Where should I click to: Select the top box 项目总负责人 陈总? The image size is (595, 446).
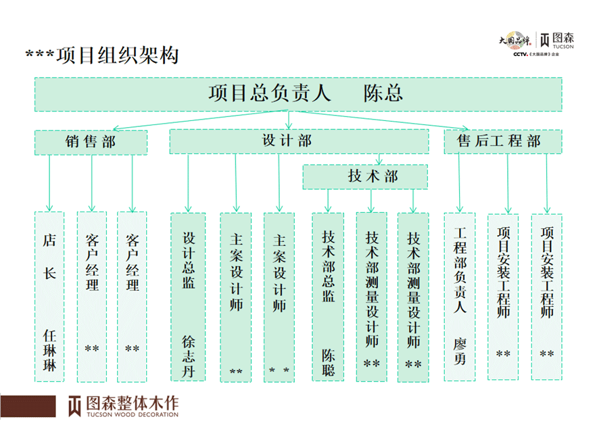(x=298, y=94)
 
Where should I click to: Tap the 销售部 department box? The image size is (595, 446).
(x=91, y=141)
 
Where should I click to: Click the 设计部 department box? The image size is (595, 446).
(x=298, y=141)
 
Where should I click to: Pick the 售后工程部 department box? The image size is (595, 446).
(x=503, y=141)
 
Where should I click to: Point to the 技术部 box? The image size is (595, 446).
(x=365, y=177)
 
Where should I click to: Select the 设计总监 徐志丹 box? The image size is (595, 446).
(x=189, y=297)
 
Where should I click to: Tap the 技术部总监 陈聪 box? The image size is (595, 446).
(x=328, y=297)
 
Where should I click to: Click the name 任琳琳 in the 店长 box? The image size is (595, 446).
(x=49, y=349)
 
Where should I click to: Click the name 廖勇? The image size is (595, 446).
(x=460, y=350)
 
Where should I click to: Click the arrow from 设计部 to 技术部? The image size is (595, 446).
(x=379, y=159)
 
